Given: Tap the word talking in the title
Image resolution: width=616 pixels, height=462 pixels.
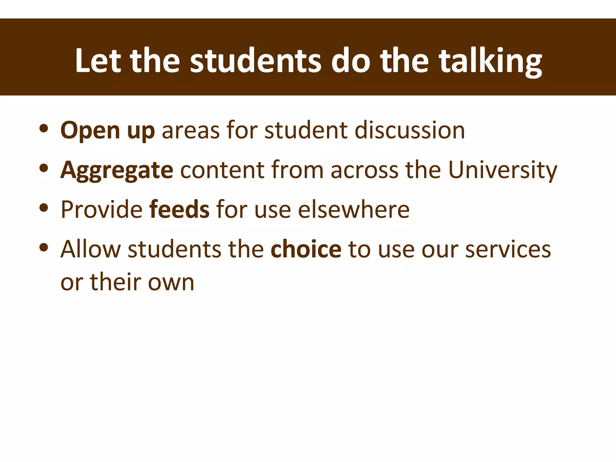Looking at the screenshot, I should (x=491, y=62).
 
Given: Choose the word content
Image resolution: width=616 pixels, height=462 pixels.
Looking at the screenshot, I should (x=222, y=170).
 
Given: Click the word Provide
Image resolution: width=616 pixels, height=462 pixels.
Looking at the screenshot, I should (x=102, y=209).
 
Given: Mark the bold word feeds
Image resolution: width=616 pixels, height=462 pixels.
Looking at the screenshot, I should (x=179, y=209).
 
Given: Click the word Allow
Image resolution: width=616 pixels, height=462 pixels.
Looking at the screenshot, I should (x=91, y=249).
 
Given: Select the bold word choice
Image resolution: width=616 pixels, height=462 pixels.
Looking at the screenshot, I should (x=306, y=249).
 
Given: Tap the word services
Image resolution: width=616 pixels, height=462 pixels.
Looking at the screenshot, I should (x=508, y=250).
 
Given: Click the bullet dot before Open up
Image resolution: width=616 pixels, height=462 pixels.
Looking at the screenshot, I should (x=44, y=128).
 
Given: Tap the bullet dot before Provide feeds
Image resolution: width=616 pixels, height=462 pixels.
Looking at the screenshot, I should (x=44, y=208).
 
